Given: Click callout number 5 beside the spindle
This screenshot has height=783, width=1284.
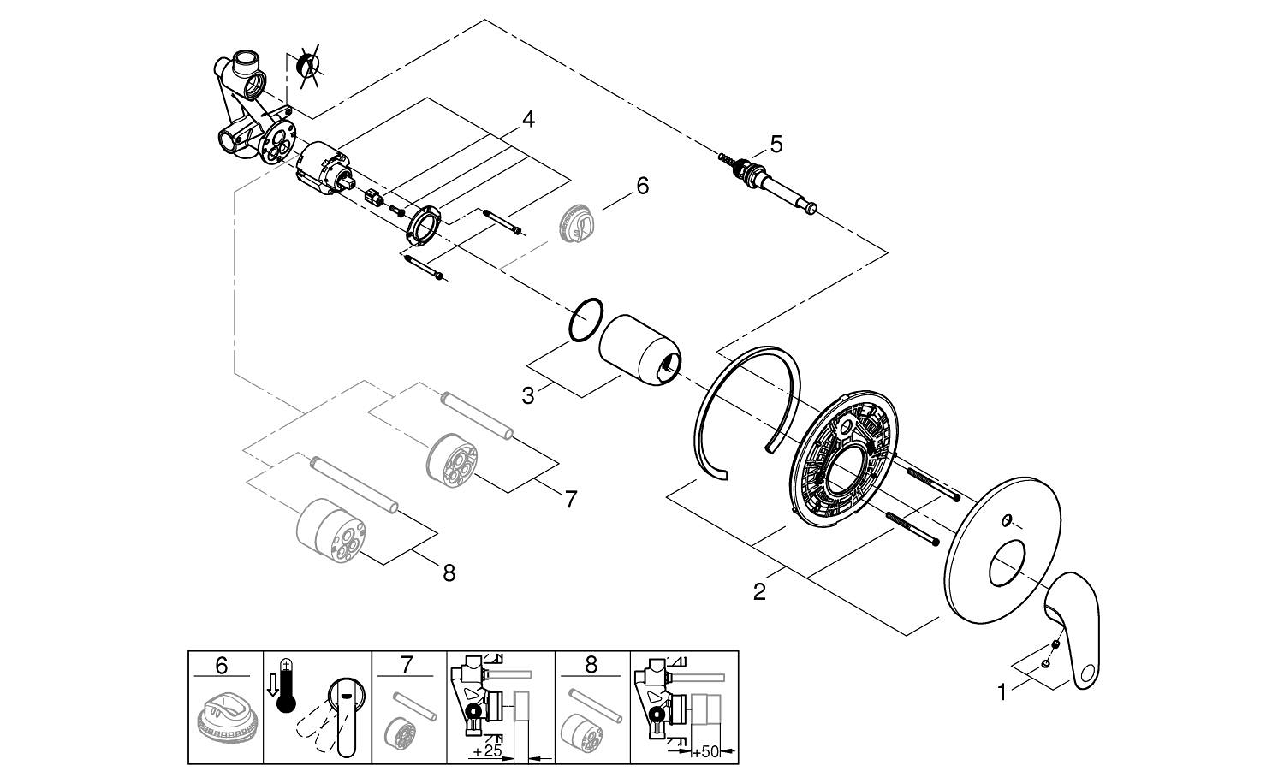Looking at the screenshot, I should point(776,144).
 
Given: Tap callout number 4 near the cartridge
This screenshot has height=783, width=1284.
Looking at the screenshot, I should point(528,120).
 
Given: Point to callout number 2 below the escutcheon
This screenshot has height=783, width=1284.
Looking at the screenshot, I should point(759,590).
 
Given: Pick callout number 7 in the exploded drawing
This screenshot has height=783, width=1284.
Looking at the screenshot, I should point(571,498).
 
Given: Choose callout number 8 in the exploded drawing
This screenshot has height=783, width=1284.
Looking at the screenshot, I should point(449,572).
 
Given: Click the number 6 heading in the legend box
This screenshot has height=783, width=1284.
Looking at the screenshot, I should point(222,665).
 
